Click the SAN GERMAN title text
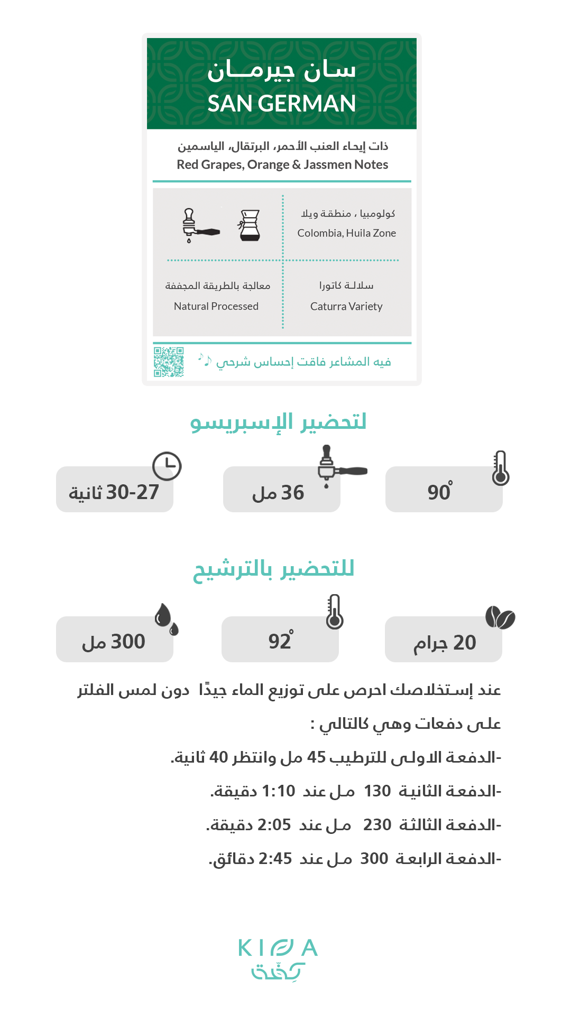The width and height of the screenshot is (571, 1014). pyautogui.click(x=281, y=104)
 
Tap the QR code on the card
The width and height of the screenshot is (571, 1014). pyautogui.click(x=169, y=362)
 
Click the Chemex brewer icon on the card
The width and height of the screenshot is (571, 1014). pyautogui.click(x=250, y=225)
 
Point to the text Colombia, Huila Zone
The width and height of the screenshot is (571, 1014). pyautogui.click(x=346, y=233)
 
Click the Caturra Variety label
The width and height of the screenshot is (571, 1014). pyautogui.click(x=346, y=306)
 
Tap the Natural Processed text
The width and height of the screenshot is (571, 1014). pyautogui.click(x=216, y=306)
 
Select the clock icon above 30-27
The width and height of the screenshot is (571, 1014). pyautogui.click(x=167, y=466)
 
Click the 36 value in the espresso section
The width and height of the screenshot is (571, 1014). pyautogui.click(x=292, y=493)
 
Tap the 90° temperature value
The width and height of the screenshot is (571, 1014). pyautogui.click(x=439, y=492)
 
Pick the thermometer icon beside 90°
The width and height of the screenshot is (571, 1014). pyautogui.click(x=500, y=468)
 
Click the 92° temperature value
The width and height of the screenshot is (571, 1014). pyautogui.click(x=280, y=641)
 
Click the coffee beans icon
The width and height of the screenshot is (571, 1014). pyautogui.click(x=500, y=617)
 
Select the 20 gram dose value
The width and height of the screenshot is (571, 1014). pyautogui.click(x=464, y=643)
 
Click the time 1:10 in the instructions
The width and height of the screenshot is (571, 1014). pyautogui.click(x=279, y=791)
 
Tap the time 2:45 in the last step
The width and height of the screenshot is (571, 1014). pyautogui.click(x=275, y=859)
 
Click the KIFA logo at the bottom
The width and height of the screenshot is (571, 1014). pyautogui.click(x=278, y=958)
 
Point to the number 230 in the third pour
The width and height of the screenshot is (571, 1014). pyautogui.click(x=377, y=825)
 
